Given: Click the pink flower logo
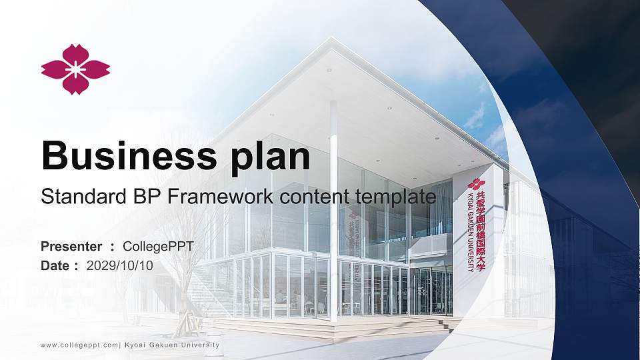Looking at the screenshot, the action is (75, 69).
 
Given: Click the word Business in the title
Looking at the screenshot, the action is (129, 155).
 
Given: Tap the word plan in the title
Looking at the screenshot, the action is (270, 158).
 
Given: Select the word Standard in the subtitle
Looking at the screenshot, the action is (84, 196).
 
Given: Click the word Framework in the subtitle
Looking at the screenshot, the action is (220, 196).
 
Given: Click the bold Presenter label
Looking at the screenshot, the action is (71, 247).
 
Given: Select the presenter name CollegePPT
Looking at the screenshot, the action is (159, 247).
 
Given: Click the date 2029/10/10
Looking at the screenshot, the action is (119, 266).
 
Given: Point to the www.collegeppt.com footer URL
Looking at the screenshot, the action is (79, 345).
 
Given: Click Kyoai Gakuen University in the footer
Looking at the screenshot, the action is (172, 345).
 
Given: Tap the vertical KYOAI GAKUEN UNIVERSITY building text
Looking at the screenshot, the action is (471, 233).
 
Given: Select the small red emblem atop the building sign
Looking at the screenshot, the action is (476, 184).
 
